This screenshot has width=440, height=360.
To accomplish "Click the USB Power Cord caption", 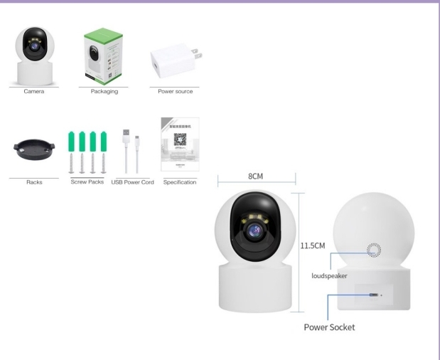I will coord(133,182).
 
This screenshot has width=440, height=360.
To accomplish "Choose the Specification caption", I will coord(179,182).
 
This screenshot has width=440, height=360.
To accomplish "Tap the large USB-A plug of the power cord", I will coord(126,134).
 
